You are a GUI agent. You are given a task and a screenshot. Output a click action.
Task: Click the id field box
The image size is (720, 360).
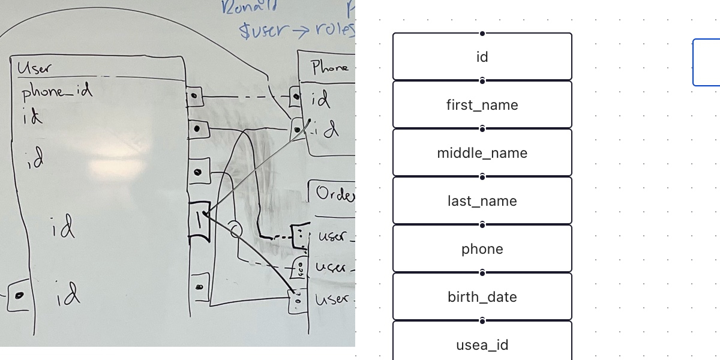(482, 56)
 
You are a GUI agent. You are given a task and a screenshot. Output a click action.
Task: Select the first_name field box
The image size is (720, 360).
(482, 104)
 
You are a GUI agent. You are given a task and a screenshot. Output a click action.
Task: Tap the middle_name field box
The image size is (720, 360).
(482, 152)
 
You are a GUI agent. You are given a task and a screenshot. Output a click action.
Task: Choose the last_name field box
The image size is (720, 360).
(482, 200)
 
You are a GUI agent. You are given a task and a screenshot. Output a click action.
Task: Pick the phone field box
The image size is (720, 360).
(482, 248)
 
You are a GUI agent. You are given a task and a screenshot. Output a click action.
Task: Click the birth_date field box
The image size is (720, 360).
(482, 296)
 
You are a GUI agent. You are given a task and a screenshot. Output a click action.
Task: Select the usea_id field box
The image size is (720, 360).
(482, 344)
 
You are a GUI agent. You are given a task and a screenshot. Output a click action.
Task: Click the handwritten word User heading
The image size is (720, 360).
(35, 68)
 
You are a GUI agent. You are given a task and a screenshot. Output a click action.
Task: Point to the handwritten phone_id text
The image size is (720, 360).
(57, 92)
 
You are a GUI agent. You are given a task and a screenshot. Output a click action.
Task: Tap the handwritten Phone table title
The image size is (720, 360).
(329, 67)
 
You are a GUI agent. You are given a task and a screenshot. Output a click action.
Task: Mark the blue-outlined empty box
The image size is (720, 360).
(707, 62)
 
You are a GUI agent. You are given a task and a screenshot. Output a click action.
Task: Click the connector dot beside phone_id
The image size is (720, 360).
(196, 96)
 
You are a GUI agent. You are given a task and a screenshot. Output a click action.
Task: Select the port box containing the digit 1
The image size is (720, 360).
(200, 221)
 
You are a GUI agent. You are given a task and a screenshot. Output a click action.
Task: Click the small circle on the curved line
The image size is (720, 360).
(236, 229)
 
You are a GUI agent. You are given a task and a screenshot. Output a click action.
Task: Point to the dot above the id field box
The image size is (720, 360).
(482, 34)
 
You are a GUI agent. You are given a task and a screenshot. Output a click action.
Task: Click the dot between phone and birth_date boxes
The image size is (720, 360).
(482, 273)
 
